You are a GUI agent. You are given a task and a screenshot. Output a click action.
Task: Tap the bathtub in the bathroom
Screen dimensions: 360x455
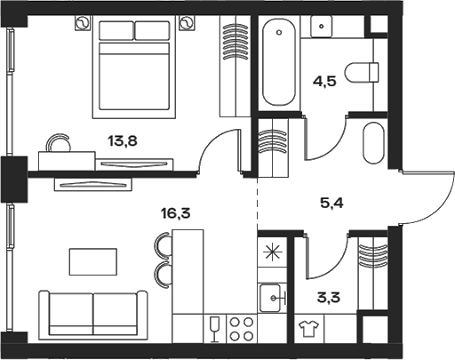tap(279, 65)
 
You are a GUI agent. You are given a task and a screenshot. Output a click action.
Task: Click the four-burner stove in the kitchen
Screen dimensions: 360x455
tap(241, 328)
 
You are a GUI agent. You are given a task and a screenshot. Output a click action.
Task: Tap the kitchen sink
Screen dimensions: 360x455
tap(272, 296)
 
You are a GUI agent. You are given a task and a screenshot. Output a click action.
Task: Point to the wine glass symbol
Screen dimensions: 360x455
tap(214, 329)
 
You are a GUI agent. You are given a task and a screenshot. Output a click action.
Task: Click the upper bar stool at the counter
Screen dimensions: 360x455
tap(163, 244)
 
